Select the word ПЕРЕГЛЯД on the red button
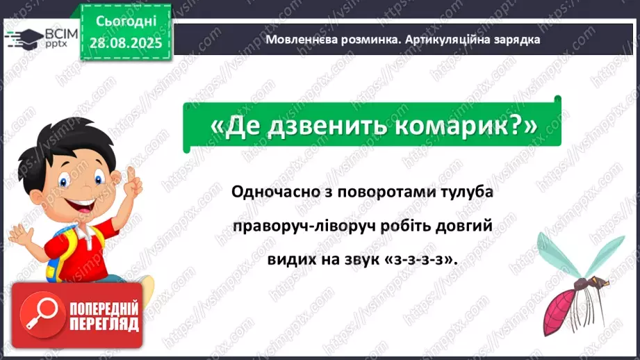pos(104,324)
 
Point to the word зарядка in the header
pos(516,40)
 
